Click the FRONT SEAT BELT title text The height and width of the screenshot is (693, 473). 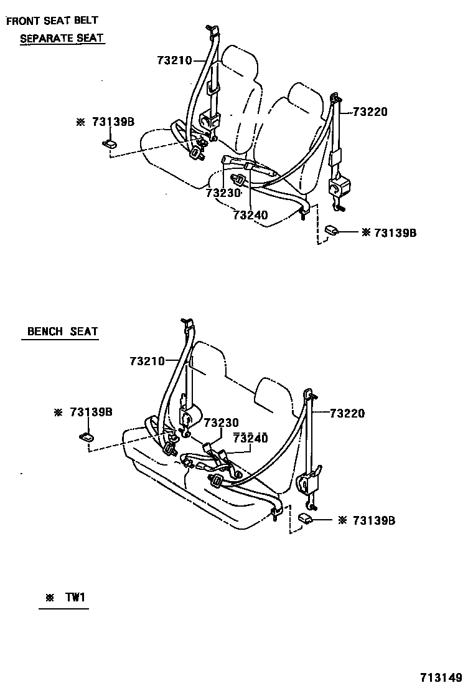[52, 21]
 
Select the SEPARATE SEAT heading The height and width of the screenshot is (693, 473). [62, 38]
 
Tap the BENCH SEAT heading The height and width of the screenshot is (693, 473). [62, 332]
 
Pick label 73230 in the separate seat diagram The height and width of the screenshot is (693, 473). [223, 193]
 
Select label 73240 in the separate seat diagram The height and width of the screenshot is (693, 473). [250, 215]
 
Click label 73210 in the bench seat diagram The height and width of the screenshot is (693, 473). [148, 361]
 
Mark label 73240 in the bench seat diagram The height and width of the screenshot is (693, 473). [250, 438]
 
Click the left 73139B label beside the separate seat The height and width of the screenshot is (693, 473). [113, 122]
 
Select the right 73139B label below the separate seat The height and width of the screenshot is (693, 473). [395, 232]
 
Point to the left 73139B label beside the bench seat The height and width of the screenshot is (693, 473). [91, 412]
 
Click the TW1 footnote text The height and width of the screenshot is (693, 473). [74, 598]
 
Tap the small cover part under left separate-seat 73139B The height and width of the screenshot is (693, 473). [110, 144]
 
